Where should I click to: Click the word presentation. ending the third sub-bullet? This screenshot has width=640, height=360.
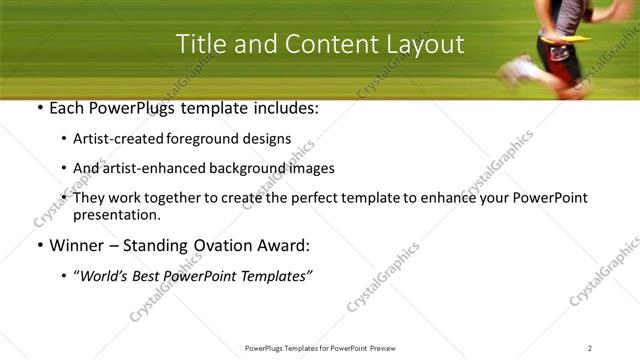tap(116, 214)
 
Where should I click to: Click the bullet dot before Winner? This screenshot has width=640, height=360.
tap(38, 245)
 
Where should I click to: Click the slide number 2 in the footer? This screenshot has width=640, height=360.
tap(590, 348)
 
